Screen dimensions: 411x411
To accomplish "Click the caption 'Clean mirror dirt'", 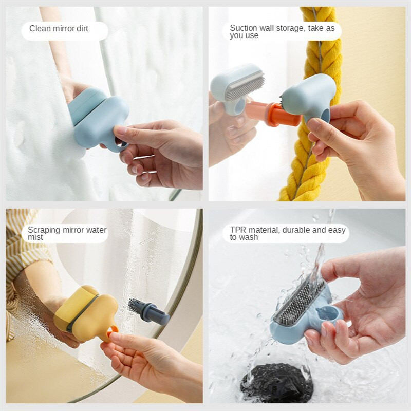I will point(59,29).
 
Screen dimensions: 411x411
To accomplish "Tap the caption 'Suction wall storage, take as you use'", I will point(282,32).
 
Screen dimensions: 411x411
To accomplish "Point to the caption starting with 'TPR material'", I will point(287,234).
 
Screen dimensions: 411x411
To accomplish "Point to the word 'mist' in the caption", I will point(36,238).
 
